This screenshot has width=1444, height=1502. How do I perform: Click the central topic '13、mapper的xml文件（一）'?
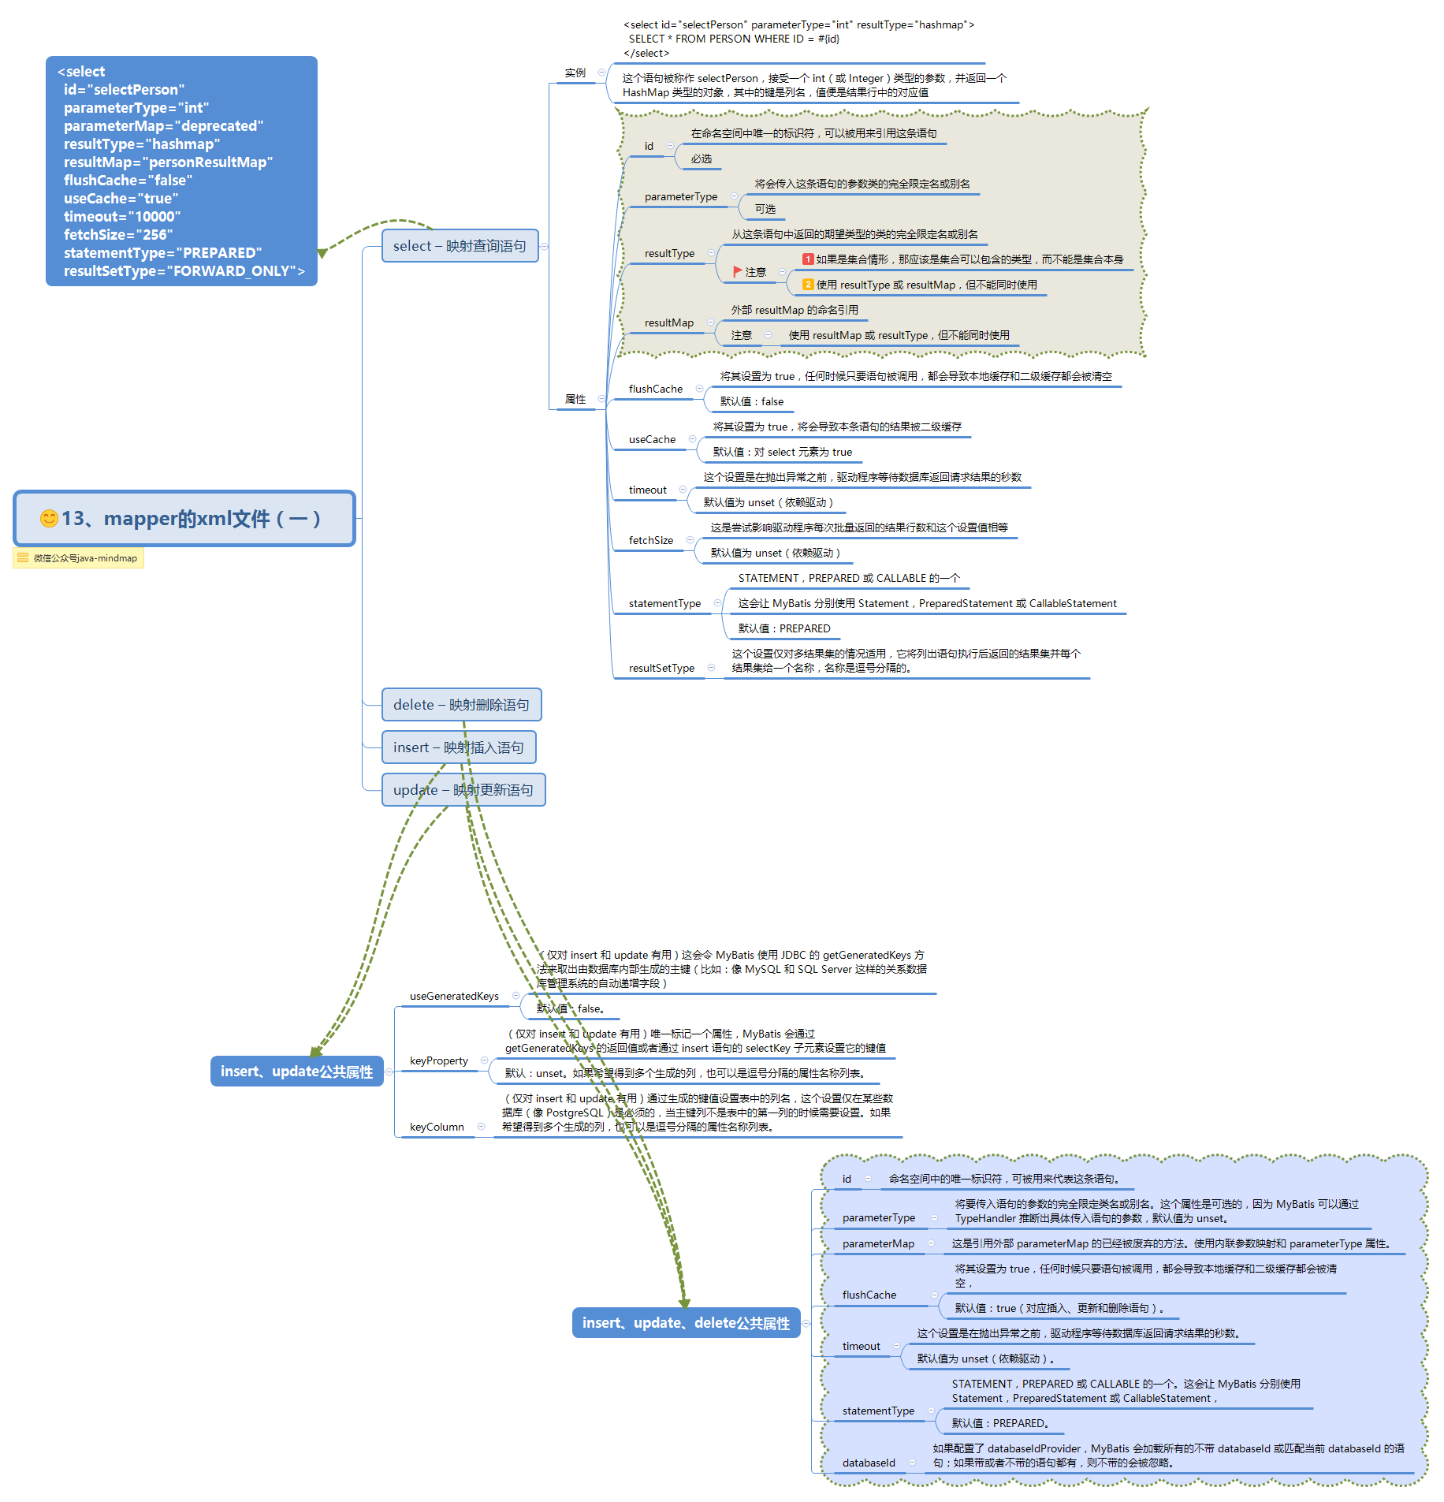[184, 519]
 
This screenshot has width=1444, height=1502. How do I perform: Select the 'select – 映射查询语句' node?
[460, 246]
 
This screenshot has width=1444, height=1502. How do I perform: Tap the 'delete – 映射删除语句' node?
[461, 705]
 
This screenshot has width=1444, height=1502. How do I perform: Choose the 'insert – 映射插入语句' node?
[459, 747]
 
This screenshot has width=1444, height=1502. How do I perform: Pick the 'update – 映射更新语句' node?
[463, 790]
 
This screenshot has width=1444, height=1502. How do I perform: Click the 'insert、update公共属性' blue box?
[296, 1072]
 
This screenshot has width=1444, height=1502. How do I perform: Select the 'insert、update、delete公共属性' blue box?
[686, 1323]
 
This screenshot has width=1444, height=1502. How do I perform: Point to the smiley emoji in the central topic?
[49, 518]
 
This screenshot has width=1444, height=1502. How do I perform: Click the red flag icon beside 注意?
[738, 271]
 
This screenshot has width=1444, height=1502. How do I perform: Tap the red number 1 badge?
[808, 259]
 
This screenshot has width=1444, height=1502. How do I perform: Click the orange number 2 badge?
[808, 284]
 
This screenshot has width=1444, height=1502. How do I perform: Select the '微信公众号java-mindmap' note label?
[79, 558]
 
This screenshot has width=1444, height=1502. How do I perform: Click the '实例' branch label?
[575, 73]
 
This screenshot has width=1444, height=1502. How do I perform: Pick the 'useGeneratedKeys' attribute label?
[454, 996]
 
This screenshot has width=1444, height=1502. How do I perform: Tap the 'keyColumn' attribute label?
[437, 1127]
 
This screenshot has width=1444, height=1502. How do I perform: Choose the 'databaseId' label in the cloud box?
[869, 1463]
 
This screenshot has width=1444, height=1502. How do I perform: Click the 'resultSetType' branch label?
[661, 668]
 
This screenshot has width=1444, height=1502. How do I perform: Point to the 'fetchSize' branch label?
[651, 540]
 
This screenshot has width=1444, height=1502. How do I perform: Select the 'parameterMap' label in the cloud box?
[878, 1243]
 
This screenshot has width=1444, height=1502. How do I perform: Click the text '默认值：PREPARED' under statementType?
[784, 628]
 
